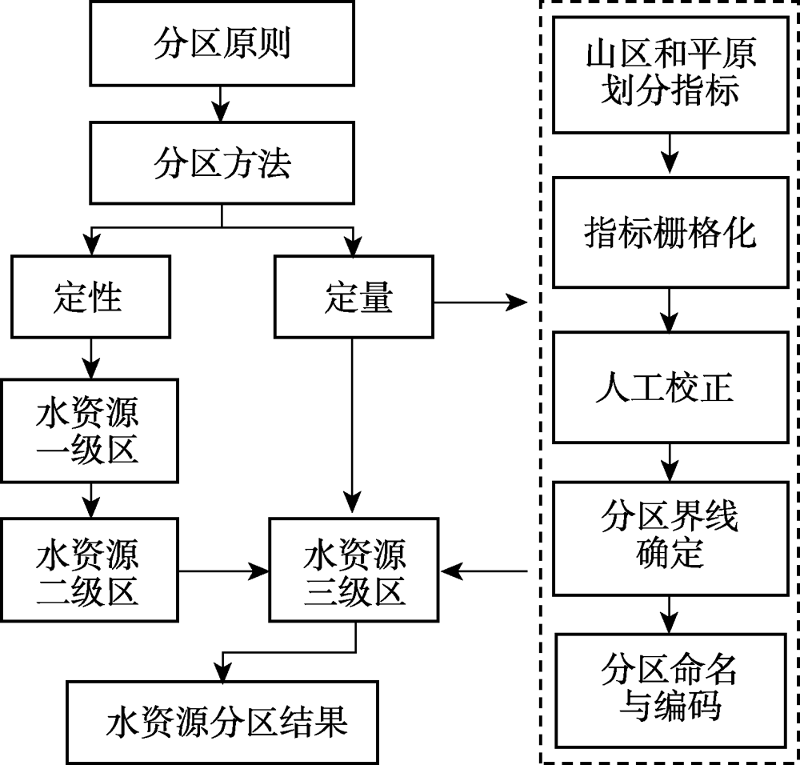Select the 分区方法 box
[x=222, y=163]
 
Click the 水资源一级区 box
[x=89, y=431]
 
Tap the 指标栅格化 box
[x=670, y=232]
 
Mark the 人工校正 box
[x=670, y=387]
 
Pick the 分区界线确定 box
[x=670, y=537]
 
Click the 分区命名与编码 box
[x=670, y=690]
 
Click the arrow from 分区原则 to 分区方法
[x=222, y=104]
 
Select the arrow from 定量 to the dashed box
[x=480, y=302]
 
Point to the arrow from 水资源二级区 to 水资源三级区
[x=224, y=571]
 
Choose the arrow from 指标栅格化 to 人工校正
[x=670, y=310]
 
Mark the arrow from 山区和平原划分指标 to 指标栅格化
[x=670, y=155]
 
